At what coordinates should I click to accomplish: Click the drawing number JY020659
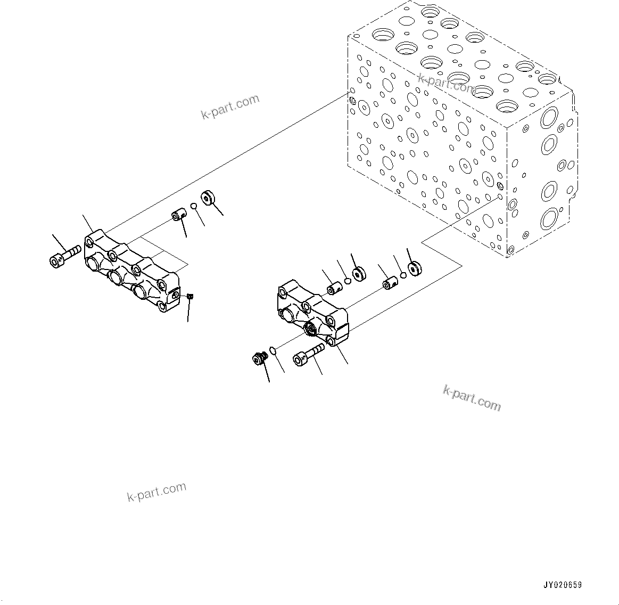563,585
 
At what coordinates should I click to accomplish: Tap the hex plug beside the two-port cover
259,359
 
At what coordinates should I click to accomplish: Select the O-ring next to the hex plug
273,350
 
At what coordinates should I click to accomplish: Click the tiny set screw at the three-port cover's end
190,297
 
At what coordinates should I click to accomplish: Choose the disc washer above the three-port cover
208,198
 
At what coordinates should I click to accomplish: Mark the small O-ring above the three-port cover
194,207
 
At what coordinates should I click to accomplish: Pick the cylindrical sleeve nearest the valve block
391,283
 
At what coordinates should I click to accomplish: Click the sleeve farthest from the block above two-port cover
334,289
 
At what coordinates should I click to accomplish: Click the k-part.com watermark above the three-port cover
230,107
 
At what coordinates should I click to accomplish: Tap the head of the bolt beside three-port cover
56,260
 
